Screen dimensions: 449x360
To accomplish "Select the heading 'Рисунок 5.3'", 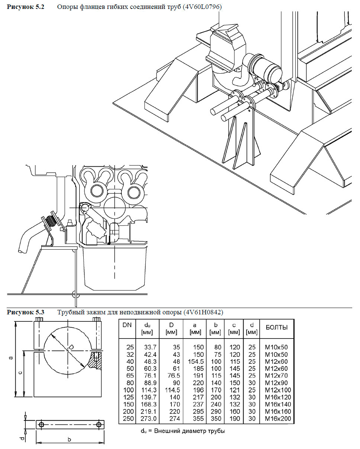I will tap(26, 312).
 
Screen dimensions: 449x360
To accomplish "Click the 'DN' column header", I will tap(127, 325).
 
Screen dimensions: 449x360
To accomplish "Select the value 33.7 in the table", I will tap(148, 347).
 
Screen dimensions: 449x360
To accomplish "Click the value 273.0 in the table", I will tap(148, 419).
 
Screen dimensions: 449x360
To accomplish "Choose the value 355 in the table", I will tap(199, 419).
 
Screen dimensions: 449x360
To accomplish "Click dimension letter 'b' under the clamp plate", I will tap(70, 439).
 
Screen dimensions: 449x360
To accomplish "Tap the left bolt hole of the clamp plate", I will tap(41, 425).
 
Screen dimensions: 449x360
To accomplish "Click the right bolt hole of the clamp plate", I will tap(99, 425).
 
